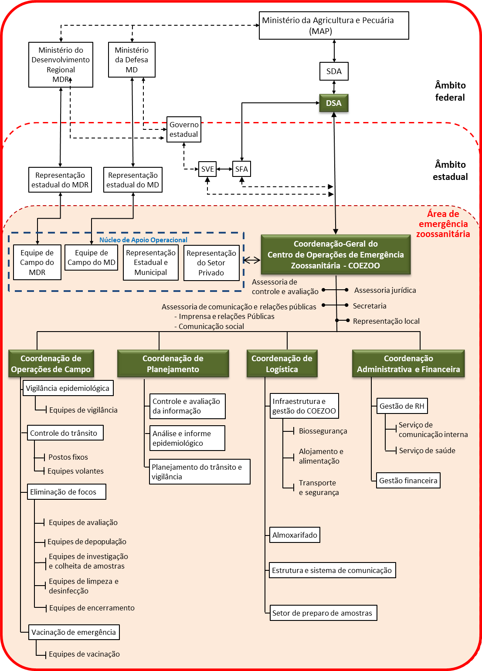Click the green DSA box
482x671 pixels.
click(x=334, y=103)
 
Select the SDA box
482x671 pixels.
click(x=334, y=71)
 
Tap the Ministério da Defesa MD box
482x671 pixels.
click(x=132, y=60)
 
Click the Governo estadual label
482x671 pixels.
click(x=184, y=129)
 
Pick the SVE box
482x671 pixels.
click(x=207, y=169)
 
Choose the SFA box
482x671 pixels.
click(x=241, y=169)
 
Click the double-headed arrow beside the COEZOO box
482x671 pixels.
click(x=251, y=260)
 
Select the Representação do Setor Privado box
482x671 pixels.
click(x=211, y=263)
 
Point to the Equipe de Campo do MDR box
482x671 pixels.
click(x=37, y=262)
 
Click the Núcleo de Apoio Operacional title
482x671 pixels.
click(x=143, y=240)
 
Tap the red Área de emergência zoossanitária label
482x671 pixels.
click(x=443, y=224)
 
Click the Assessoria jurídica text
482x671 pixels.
click(x=385, y=290)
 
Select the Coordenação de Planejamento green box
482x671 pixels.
click(x=173, y=364)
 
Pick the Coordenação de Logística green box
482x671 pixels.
click(x=282, y=364)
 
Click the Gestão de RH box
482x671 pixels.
click(x=402, y=406)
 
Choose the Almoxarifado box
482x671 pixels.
click(x=295, y=535)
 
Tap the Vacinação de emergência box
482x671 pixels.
click(x=74, y=632)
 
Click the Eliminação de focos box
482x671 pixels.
click(x=66, y=492)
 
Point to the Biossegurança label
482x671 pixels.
click(x=323, y=431)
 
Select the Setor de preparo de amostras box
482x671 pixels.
click(x=322, y=613)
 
